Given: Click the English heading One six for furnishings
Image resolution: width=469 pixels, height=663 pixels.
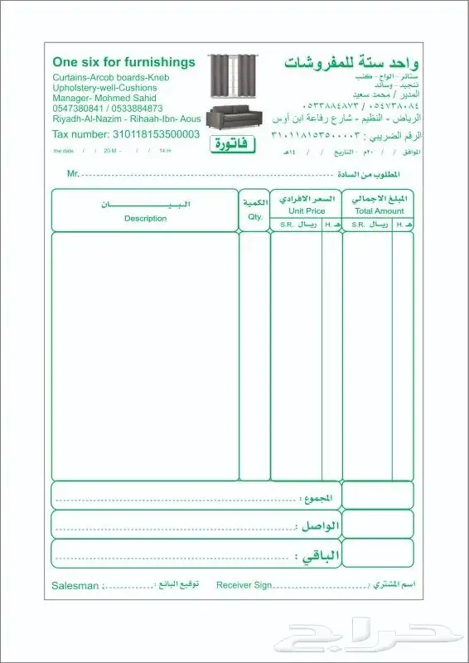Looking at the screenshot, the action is [x=123, y=62].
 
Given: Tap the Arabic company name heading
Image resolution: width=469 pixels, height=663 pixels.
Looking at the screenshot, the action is [x=352, y=63].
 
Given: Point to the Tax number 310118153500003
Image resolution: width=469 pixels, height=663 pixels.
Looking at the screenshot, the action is [x=126, y=133].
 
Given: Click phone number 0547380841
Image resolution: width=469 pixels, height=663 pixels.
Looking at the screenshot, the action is [x=80, y=109].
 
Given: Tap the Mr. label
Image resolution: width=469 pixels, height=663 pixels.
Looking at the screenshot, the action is [x=73, y=174].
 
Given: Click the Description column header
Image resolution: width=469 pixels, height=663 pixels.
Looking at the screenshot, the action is [x=145, y=219].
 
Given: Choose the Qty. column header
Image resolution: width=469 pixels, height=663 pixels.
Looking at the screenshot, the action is [x=254, y=217].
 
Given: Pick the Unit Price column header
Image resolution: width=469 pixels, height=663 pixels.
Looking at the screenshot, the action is [x=306, y=211].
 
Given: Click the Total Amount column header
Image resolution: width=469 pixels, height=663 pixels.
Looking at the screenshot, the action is [x=379, y=211].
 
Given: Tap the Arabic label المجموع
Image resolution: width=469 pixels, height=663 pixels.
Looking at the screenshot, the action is [x=318, y=499].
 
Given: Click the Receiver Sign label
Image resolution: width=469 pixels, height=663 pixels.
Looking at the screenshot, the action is [x=244, y=585].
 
